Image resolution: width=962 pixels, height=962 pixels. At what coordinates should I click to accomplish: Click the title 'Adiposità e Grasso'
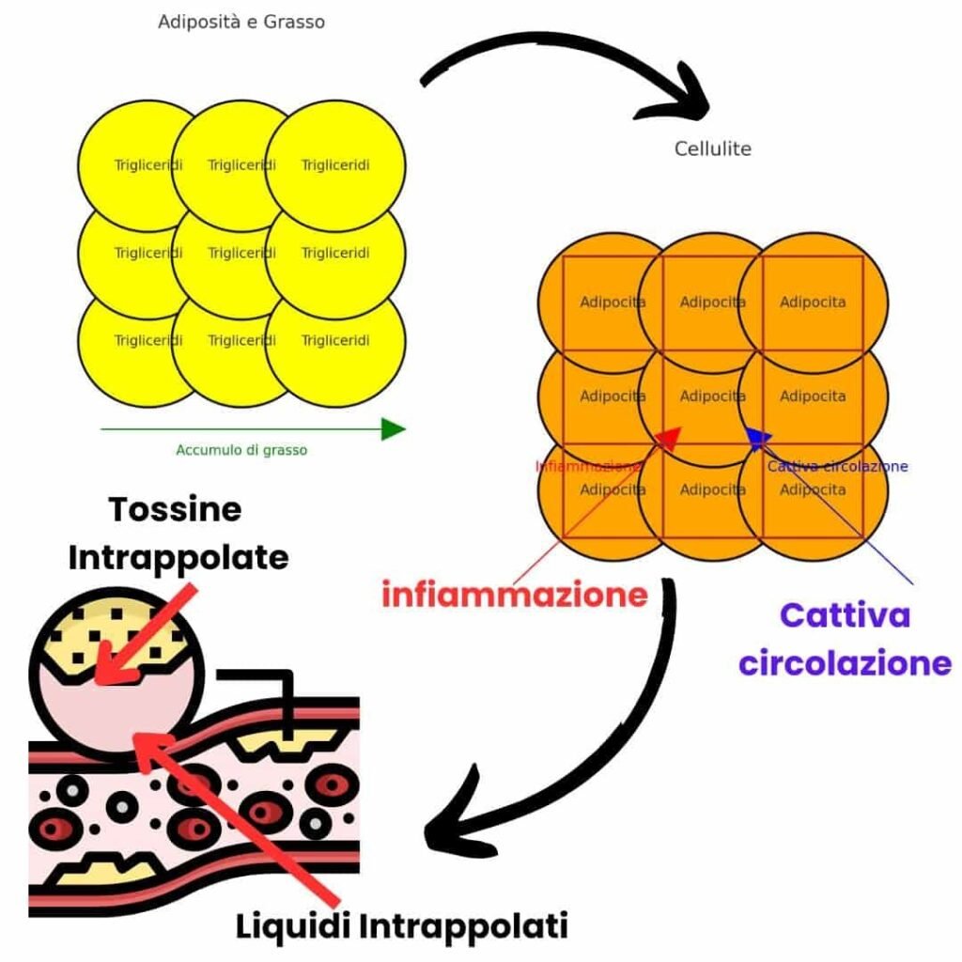241,22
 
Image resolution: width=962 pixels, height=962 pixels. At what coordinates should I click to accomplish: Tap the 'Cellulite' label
713,148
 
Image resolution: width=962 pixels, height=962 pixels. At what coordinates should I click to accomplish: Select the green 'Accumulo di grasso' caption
241,450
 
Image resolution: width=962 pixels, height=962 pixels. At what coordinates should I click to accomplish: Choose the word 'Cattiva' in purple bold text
845,615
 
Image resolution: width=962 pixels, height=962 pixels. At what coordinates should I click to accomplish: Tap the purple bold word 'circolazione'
845,662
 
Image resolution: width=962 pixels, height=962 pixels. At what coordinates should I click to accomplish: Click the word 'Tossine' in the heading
175,509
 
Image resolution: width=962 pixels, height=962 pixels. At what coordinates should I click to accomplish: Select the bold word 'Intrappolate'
178,557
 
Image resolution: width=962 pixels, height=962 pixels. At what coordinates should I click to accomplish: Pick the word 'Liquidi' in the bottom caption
293,926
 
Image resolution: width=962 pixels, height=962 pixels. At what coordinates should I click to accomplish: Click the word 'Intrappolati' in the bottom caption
463,926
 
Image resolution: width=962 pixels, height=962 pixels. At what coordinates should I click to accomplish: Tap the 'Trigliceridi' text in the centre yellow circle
241,253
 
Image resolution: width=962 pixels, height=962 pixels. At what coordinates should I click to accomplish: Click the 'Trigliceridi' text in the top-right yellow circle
335,165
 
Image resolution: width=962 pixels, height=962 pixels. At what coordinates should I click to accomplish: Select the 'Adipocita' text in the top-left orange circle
613,303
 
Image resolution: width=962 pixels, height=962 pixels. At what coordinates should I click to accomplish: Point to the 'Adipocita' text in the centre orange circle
713,396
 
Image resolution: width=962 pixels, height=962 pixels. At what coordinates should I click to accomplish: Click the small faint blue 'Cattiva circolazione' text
838,466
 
